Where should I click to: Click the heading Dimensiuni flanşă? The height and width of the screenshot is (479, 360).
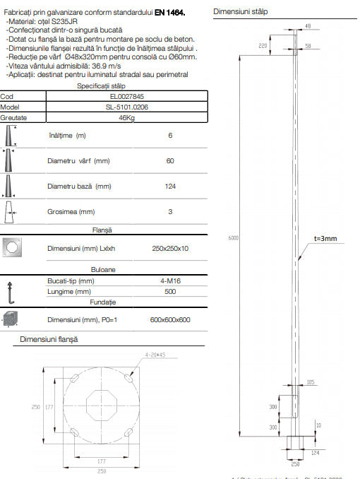click(49, 339)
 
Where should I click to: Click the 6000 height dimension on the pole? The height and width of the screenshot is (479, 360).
click(233, 238)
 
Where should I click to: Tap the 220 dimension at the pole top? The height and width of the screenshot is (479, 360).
click(263, 45)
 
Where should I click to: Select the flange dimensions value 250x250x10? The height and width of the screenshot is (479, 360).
click(170, 248)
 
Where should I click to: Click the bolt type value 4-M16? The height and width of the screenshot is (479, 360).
click(170, 280)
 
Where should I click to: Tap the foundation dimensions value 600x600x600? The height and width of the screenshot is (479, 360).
click(170, 319)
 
